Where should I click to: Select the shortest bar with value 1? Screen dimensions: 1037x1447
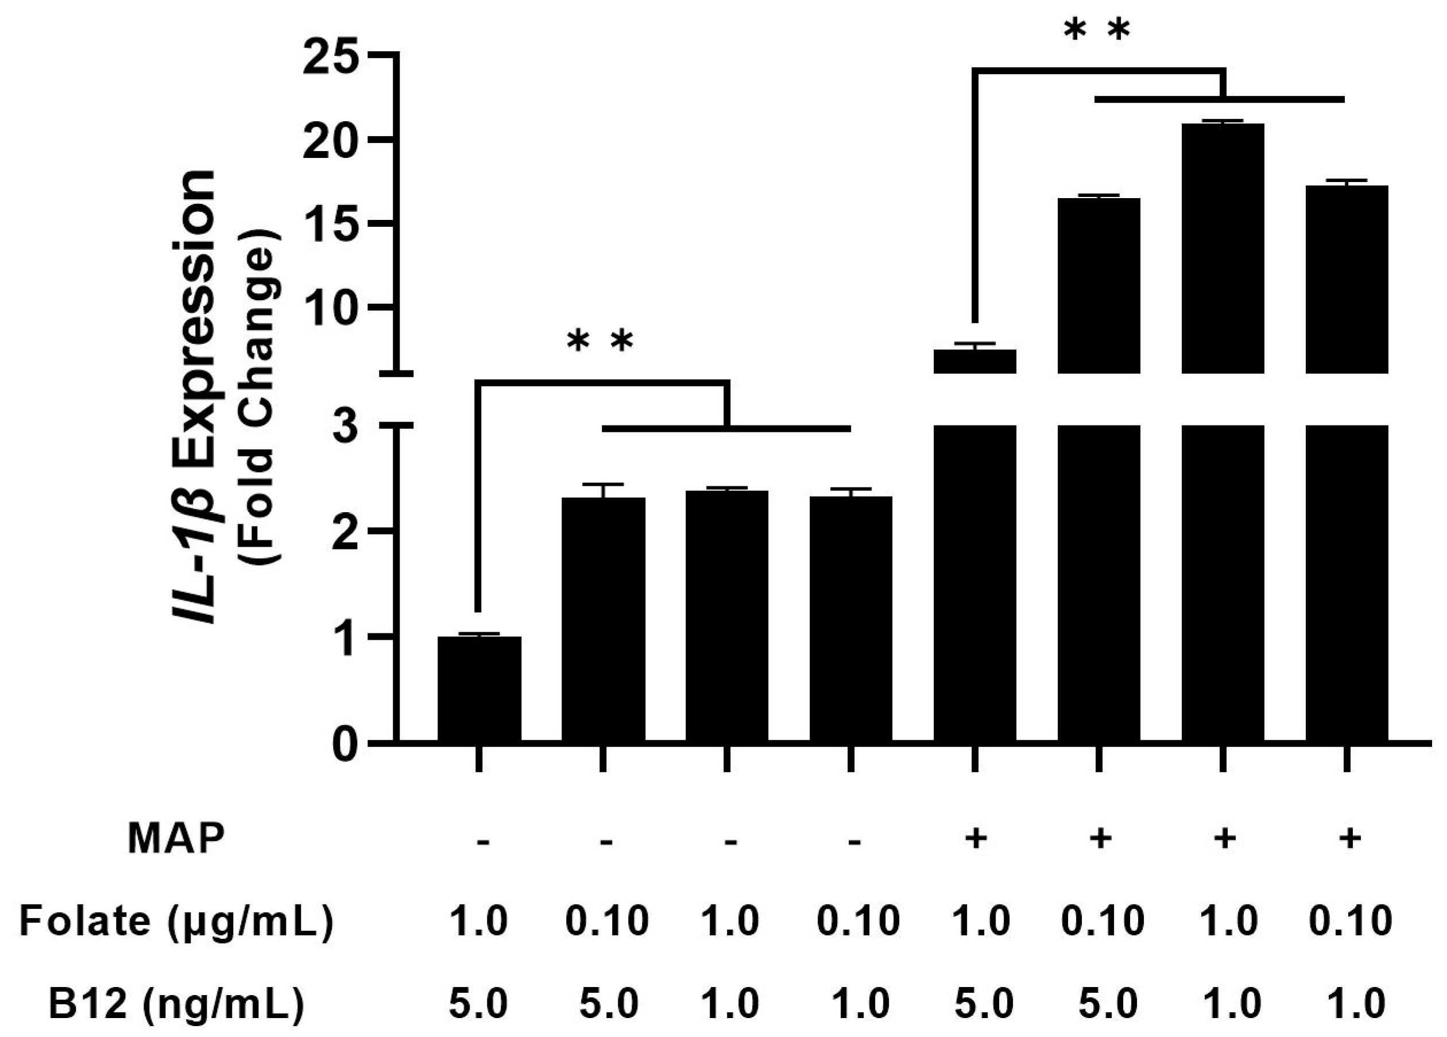click(x=479, y=689)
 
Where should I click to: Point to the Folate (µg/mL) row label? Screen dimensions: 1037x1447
click(x=176, y=921)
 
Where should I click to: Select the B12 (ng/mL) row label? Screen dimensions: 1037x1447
click(x=176, y=1003)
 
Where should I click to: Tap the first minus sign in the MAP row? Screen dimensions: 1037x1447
click(x=482, y=841)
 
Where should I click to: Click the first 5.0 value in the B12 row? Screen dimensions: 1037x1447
click(x=478, y=1003)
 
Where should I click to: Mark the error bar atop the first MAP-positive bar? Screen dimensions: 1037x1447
click(x=974, y=346)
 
